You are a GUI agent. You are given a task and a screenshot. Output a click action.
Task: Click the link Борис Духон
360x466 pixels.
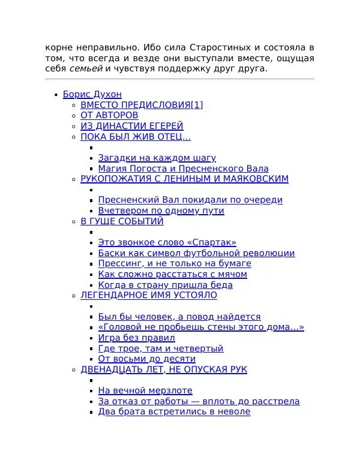(x=92, y=94)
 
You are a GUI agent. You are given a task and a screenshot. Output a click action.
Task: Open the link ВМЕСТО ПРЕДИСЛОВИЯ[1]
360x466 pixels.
(x=142, y=105)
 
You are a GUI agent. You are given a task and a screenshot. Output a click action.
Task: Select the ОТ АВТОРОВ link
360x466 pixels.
(x=109, y=115)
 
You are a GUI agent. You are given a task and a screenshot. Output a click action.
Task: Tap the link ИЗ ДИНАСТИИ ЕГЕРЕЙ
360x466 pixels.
(x=132, y=126)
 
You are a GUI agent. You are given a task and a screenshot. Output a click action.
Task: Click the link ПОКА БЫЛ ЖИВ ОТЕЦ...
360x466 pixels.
(x=136, y=137)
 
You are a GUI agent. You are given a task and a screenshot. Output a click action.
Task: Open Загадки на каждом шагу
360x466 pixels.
(x=157, y=158)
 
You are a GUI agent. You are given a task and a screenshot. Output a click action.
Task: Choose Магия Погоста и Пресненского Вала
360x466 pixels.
(x=183, y=169)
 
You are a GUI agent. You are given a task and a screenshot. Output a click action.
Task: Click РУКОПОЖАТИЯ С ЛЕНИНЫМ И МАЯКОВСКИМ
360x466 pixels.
(x=184, y=179)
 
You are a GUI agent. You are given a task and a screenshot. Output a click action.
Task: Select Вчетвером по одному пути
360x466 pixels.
(x=161, y=211)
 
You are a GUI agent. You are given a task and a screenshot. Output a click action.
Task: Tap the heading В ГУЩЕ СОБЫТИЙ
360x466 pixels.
(x=122, y=221)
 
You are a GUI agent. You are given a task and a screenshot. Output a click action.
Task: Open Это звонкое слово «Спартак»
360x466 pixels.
(x=167, y=243)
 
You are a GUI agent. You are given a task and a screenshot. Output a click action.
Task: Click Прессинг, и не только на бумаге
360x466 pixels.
(x=175, y=263)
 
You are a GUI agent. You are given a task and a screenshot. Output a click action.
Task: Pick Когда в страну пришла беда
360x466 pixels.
(x=165, y=285)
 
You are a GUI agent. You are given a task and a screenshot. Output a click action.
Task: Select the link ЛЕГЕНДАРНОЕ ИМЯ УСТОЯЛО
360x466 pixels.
(x=149, y=295)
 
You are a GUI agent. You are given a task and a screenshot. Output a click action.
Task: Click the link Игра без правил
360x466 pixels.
(x=136, y=338)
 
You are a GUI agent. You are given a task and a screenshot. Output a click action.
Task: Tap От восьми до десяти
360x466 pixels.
(x=146, y=359)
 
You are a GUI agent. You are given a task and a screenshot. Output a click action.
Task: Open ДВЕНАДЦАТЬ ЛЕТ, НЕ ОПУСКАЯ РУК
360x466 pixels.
(x=164, y=369)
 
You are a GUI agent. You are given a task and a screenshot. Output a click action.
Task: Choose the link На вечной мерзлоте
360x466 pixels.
(x=145, y=390)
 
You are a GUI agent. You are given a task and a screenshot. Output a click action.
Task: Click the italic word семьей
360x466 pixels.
(x=86, y=69)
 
